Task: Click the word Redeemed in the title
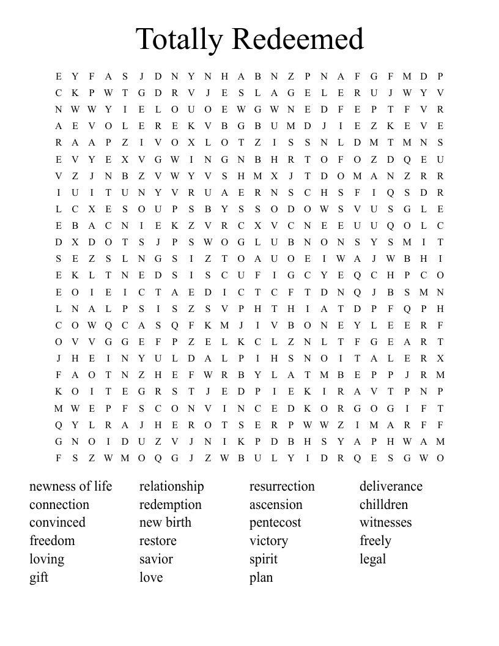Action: click(x=298, y=40)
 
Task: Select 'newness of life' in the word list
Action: click(x=71, y=486)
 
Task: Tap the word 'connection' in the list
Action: click(x=59, y=505)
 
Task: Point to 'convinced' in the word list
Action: click(x=57, y=522)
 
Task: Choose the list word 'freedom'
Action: click(x=52, y=541)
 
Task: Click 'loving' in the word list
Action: click(x=46, y=559)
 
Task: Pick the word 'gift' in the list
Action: click(x=39, y=577)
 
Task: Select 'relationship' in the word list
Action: click(x=172, y=486)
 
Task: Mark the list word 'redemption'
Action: click(x=171, y=505)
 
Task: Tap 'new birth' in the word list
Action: click(x=165, y=522)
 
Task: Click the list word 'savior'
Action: click(x=156, y=559)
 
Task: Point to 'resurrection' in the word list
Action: click(x=282, y=486)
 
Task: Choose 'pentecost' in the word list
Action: click(x=275, y=522)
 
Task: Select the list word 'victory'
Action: click(x=268, y=541)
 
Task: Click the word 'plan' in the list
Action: click(x=261, y=577)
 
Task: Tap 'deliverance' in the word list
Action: click(x=391, y=486)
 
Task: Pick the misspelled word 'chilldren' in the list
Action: click(x=383, y=505)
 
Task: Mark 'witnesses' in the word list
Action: click(x=385, y=522)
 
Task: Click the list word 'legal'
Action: click(x=372, y=559)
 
